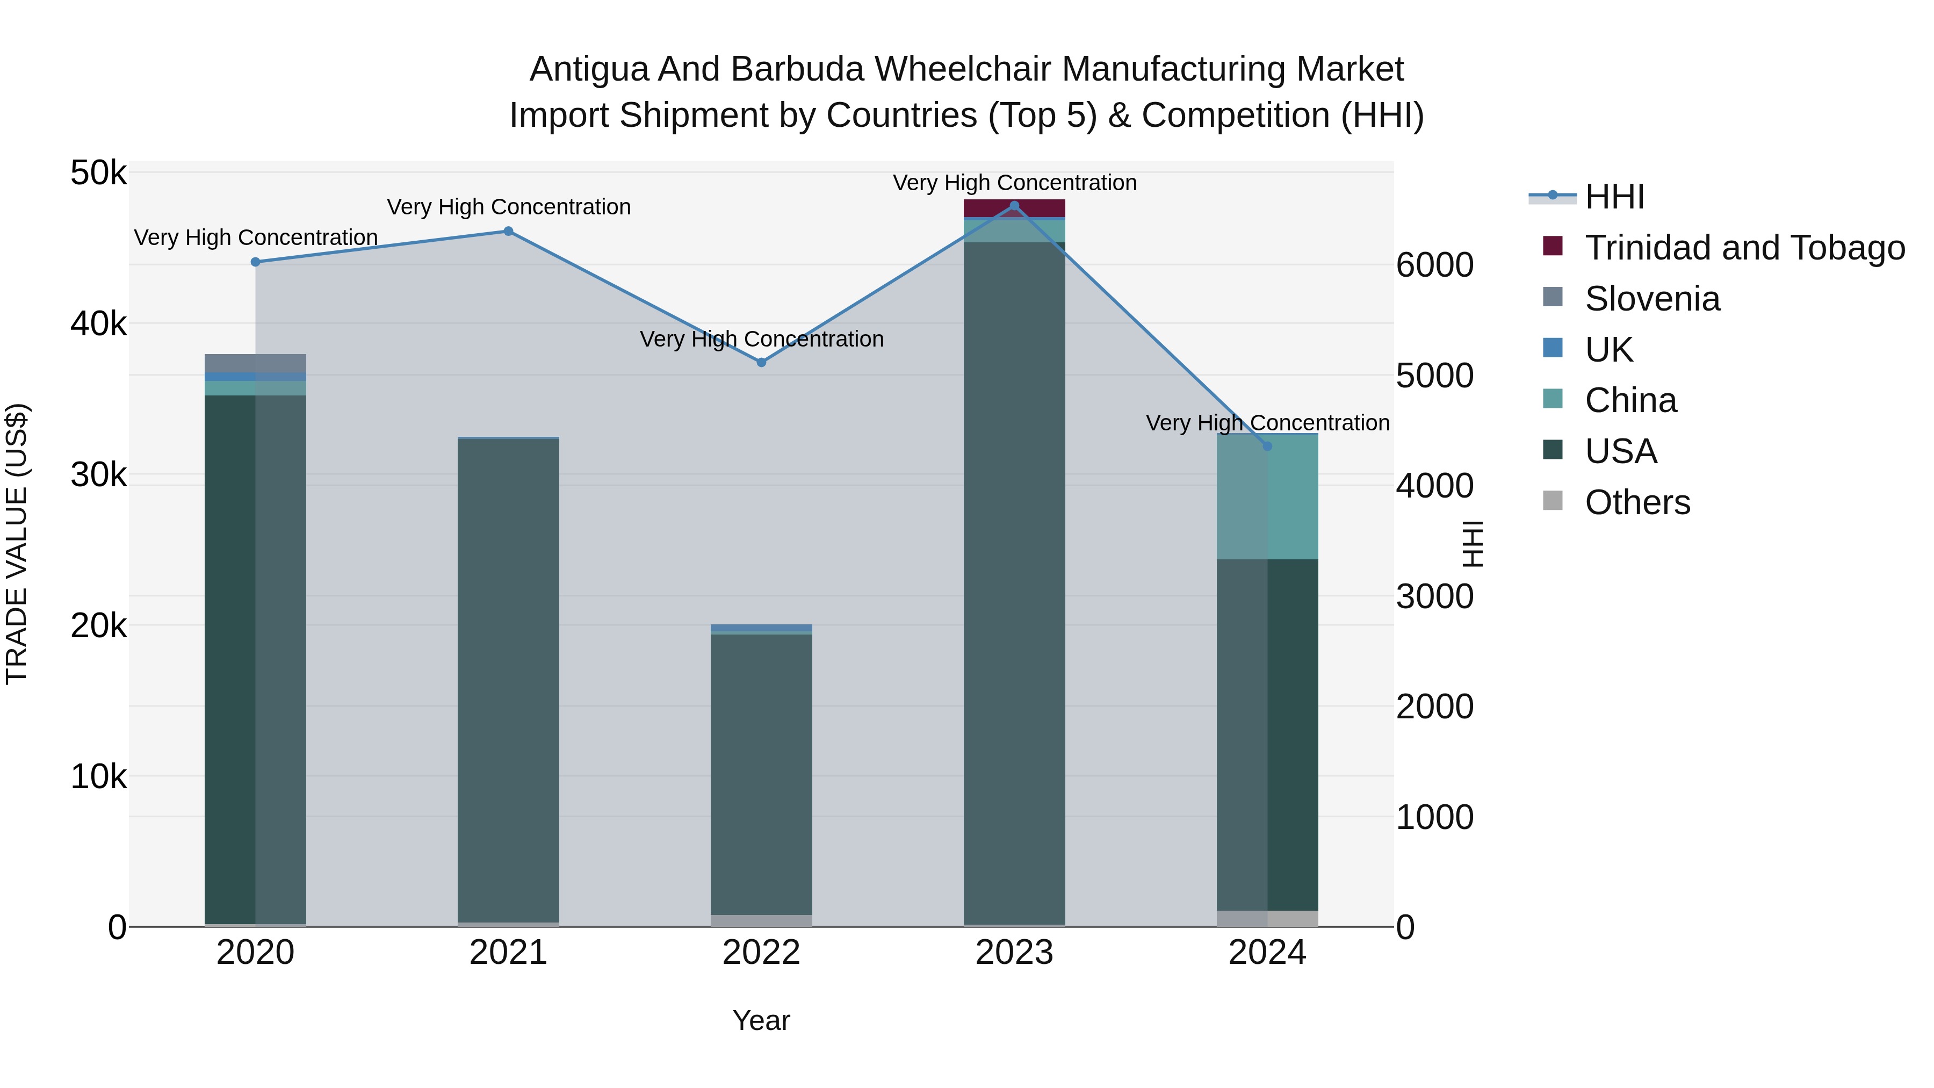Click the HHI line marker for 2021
(x=508, y=231)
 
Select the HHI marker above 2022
(x=761, y=362)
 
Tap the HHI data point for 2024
(x=1267, y=446)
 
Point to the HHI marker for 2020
(x=255, y=262)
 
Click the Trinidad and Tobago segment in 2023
(x=1014, y=208)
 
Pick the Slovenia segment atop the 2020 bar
(x=255, y=363)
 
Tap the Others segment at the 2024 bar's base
(x=1267, y=918)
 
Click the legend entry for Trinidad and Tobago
(x=1744, y=247)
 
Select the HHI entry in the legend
(x=1614, y=196)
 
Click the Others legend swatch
(x=1553, y=501)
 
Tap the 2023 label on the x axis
(x=1014, y=953)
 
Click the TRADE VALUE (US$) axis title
(x=17, y=544)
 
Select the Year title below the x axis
(x=761, y=1020)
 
